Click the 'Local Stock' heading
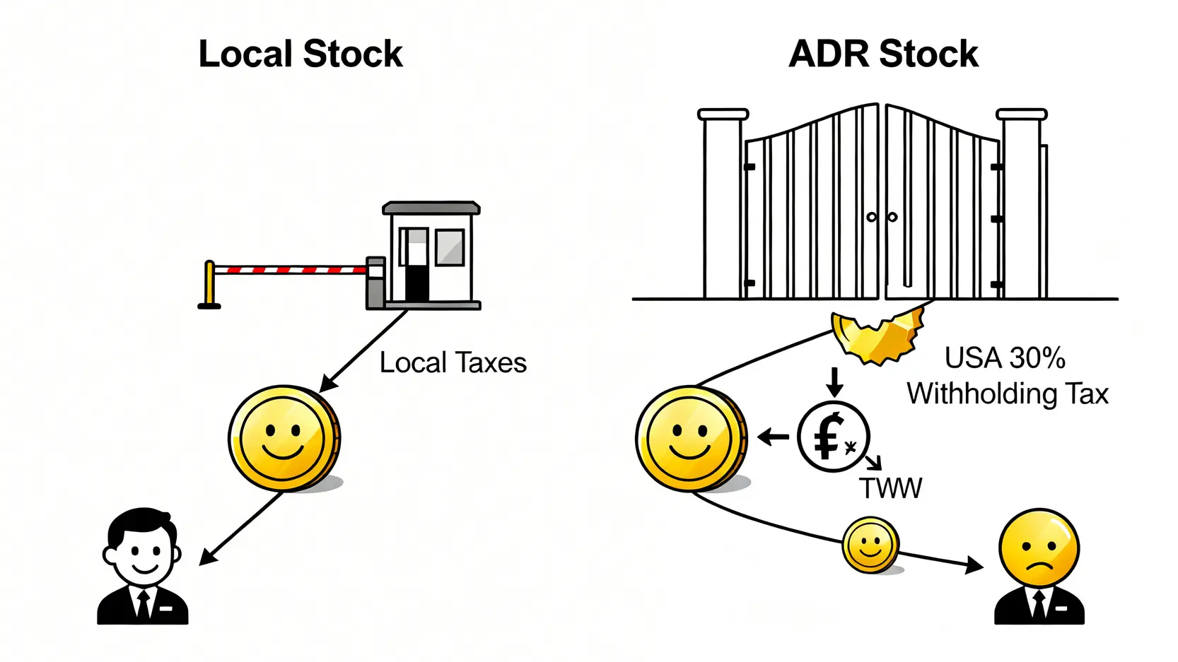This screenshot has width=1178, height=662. click(301, 54)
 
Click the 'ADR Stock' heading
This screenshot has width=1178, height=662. click(883, 54)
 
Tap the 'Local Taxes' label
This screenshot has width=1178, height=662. click(453, 363)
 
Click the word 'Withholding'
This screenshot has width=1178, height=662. click(982, 394)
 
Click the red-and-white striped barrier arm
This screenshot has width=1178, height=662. click(290, 269)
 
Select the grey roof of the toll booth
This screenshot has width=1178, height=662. click(431, 208)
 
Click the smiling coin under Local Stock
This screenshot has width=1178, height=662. click(284, 438)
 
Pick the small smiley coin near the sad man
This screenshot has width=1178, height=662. click(870, 545)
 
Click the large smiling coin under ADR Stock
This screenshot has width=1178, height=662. click(690, 438)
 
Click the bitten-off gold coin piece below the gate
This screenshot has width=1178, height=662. click(877, 336)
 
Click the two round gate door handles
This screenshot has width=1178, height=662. click(882, 217)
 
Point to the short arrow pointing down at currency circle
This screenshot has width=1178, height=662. click(834, 382)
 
